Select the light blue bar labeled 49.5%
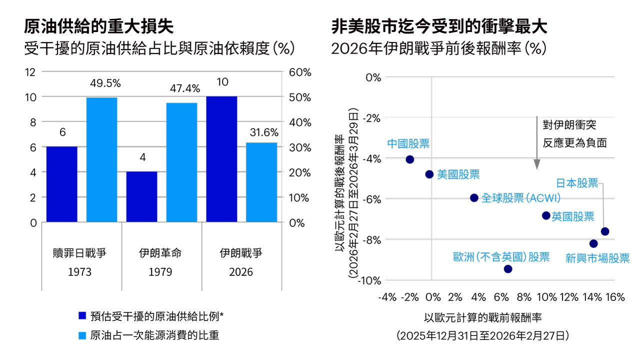tap(101, 159)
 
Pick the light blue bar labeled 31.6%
tap(261, 182)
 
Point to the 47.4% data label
tap(183, 88)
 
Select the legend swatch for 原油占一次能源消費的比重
tap(82, 335)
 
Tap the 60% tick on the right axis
tap(300, 72)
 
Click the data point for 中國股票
tap(410, 159)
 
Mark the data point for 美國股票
tap(429, 174)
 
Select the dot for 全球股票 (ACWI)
tap(474, 197)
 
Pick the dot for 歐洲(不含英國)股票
tap(508, 269)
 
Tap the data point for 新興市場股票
tap(593, 243)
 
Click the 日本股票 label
tap(577, 183)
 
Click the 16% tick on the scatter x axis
tap(615, 297)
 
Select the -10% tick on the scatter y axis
tap(369, 280)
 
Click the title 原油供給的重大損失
tap(98, 26)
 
